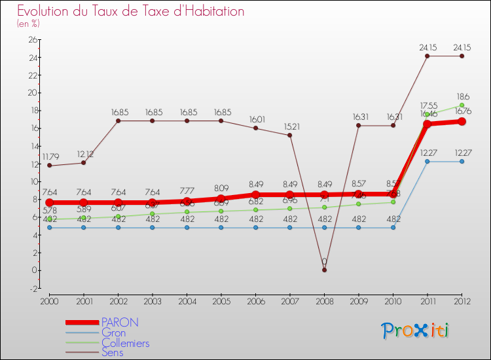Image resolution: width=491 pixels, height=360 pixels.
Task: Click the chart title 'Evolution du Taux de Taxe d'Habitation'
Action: (x=131, y=12)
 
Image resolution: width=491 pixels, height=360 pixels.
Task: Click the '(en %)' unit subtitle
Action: (x=29, y=24)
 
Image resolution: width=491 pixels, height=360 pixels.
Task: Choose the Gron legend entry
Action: (x=113, y=333)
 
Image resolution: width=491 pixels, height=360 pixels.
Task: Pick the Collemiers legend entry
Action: (x=125, y=343)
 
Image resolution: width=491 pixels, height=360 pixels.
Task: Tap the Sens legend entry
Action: (x=112, y=353)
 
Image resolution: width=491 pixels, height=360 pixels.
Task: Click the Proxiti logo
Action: (x=415, y=331)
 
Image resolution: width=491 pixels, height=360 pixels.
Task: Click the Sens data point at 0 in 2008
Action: (x=324, y=270)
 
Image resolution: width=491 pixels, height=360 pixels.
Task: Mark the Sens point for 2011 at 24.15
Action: (x=427, y=56)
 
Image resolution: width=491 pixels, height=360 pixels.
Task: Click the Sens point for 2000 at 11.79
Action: (x=49, y=166)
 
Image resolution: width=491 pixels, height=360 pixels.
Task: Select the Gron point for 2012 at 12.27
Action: (x=462, y=162)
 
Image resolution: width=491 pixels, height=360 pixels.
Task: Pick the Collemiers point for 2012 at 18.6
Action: (x=462, y=105)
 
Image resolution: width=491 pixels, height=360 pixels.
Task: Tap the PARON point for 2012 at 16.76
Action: (x=462, y=122)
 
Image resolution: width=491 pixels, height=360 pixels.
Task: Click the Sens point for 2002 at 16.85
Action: (x=118, y=121)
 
